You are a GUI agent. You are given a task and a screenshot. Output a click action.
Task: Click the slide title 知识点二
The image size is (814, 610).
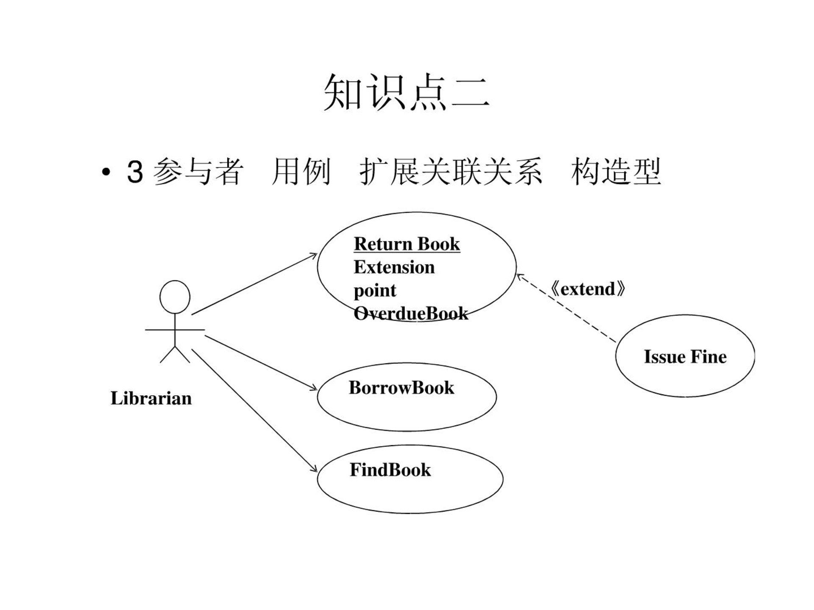click(407, 92)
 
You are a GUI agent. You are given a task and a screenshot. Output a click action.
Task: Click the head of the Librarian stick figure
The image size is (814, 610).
click(175, 297)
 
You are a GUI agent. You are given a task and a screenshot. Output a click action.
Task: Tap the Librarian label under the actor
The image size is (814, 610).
click(151, 398)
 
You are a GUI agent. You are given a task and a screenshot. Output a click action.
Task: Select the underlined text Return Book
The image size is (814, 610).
click(407, 244)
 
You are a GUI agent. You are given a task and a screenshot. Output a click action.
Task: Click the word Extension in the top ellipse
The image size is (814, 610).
click(394, 267)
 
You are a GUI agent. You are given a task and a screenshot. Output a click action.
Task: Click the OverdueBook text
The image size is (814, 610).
click(411, 313)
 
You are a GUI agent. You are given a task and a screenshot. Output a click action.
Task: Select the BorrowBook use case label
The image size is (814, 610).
click(401, 388)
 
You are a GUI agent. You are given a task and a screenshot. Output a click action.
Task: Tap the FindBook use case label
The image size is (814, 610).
click(390, 470)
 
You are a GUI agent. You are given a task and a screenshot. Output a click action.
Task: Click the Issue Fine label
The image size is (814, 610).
click(685, 357)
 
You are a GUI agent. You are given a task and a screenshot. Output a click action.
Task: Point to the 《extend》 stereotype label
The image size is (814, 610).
click(588, 289)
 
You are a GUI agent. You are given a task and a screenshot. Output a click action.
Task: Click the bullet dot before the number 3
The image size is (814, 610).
click(106, 172)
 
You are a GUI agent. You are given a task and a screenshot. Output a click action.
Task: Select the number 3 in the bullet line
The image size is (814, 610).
click(135, 172)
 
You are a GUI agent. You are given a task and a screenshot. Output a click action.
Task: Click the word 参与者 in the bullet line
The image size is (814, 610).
click(198, 172)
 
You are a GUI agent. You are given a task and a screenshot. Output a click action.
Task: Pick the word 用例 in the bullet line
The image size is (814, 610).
click(301, 172)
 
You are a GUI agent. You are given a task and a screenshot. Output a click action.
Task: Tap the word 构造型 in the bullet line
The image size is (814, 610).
click(616, 172)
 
